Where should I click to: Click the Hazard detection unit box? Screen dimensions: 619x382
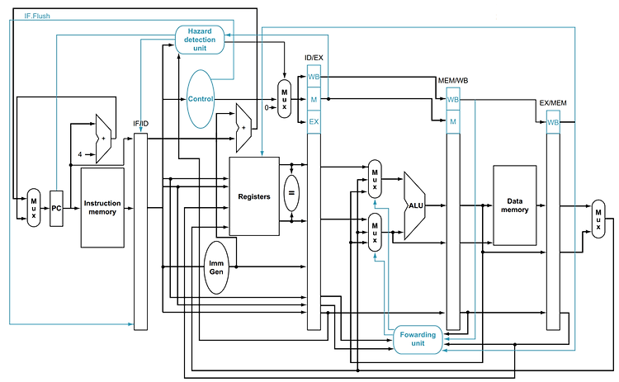pyautogui.click(x=200, y=40)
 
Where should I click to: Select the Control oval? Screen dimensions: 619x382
pyautogui.click(x=201, y=99)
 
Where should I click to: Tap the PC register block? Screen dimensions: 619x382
pyautogui.click(x=56, y=209)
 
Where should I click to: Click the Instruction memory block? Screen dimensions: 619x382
pyautogui.click(x=102, y=208)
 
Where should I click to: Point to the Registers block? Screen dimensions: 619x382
pyautogui.click(x=254, y=196)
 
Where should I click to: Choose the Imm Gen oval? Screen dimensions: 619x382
pyautogui.click(x=216, y=267)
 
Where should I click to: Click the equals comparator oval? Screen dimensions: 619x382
pyautogui.click(x=291, y=193)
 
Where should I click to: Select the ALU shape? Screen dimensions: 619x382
pyautogui.click(x=415, y=205)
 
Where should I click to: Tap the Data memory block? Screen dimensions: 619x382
pyautogui.click(x=515, y=205)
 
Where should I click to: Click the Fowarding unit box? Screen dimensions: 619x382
pyautogui.click(x=418, y=339)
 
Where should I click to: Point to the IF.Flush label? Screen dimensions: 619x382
pyautogui.click(x=37, y=17)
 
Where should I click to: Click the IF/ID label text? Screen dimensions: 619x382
pyautogui.click(x=141, y=124)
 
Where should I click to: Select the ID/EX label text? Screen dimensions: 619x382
pyautogui.click(x=314, y=58)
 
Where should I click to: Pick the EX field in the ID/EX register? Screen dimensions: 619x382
pyautogui.click(x=314, y=121)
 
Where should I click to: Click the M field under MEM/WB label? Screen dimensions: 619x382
pyautogui.click(x=453, y=121)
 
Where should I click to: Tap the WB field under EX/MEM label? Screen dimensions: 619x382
pyautogui.click(x=553, y=122)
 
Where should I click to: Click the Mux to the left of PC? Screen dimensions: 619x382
pyautogui.click(x=34, y=208)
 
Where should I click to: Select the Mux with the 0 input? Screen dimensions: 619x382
pyautogui.click(x=284, y=99)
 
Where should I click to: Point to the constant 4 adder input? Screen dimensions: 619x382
pyautogui.click(x=80, y=154)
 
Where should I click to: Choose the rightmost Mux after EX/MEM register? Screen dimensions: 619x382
pyautogui.click(x=598, y=219)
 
